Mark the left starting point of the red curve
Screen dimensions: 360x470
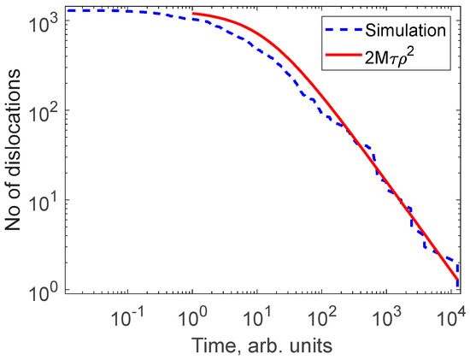pyautogui.click(x=195, y=14)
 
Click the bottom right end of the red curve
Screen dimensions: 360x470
pyautogui.click(x=457, y=279)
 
